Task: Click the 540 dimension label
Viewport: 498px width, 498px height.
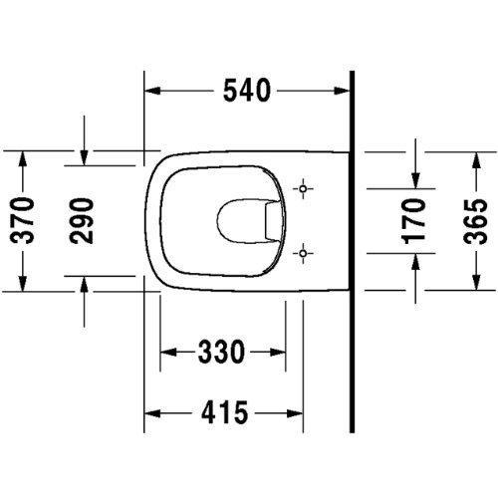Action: tap(247, 91)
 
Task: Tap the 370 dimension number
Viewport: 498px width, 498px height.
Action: tap(22, 220)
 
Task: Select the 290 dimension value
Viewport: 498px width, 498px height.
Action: tap(82, 221)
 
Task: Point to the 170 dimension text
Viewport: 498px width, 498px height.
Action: tap(413, 221)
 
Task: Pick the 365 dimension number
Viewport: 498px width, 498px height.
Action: tap(475, 221)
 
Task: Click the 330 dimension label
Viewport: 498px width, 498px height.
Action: tap(221, 352)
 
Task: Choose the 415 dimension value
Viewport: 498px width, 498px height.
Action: tap(225, 412)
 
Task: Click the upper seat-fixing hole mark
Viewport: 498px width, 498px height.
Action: tap(303, 189)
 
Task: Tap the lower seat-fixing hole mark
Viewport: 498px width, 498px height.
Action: tap(303, 253)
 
